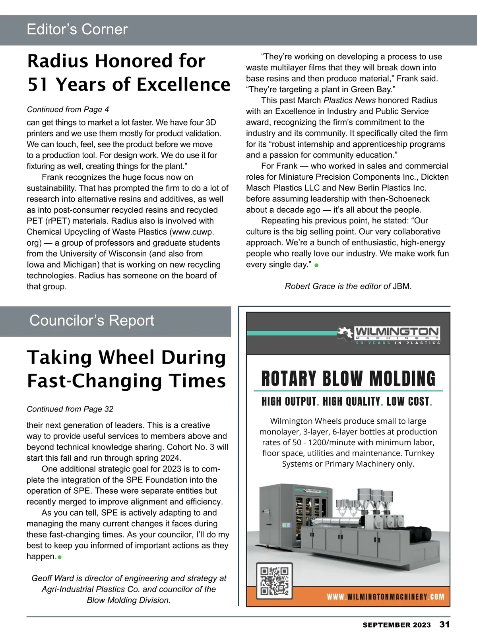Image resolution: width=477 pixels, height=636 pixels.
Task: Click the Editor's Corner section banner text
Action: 77,29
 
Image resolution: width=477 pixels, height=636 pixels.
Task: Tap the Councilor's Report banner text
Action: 91,320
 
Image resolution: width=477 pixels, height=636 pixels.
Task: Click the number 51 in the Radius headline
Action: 38,85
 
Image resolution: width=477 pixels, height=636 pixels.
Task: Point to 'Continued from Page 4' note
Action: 68,109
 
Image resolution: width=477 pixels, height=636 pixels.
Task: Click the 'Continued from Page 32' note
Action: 70,409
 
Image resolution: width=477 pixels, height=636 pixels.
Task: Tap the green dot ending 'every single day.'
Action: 316,266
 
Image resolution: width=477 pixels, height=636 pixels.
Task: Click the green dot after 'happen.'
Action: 60,557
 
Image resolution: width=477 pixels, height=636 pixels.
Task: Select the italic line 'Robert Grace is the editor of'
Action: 337,286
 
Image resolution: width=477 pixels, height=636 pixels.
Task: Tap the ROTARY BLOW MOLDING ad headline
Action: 348,378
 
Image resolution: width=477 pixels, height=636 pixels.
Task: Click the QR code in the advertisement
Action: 274,581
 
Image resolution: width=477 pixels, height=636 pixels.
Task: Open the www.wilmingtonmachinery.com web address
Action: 386,597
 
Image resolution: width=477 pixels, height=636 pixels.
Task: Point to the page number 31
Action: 444,624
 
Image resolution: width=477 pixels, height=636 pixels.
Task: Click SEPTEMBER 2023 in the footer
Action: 396,625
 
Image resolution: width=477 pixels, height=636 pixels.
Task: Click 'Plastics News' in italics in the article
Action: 349,100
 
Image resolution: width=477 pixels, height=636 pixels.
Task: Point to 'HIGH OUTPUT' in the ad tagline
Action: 289,401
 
